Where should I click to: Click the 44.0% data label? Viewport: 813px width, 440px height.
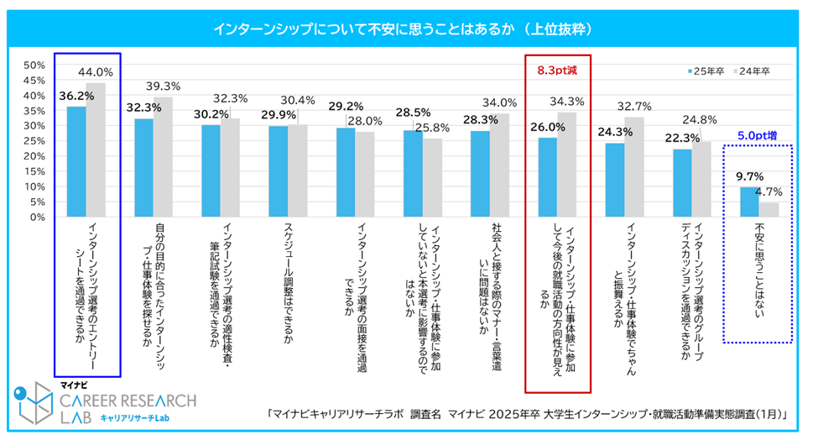(x=95, y=73)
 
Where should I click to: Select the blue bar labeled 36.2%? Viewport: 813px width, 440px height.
(x=76, y=161)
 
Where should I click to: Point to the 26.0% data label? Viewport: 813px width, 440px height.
(x=546, y=128)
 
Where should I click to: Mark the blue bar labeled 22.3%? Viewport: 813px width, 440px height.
(x=681, y=182)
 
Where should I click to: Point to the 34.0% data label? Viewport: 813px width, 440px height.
(x=499, y=102)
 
